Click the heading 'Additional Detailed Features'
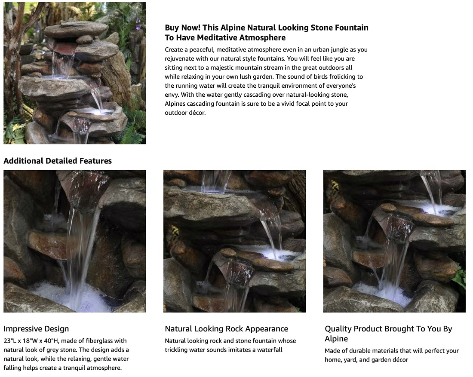tap(58, 161)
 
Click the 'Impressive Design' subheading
tap(36, 329)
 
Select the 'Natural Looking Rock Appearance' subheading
tap(226, 329)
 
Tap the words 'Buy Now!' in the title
tap(182, 28)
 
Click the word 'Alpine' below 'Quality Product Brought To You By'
tap(336, 339)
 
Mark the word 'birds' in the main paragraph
tap(320, 77)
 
